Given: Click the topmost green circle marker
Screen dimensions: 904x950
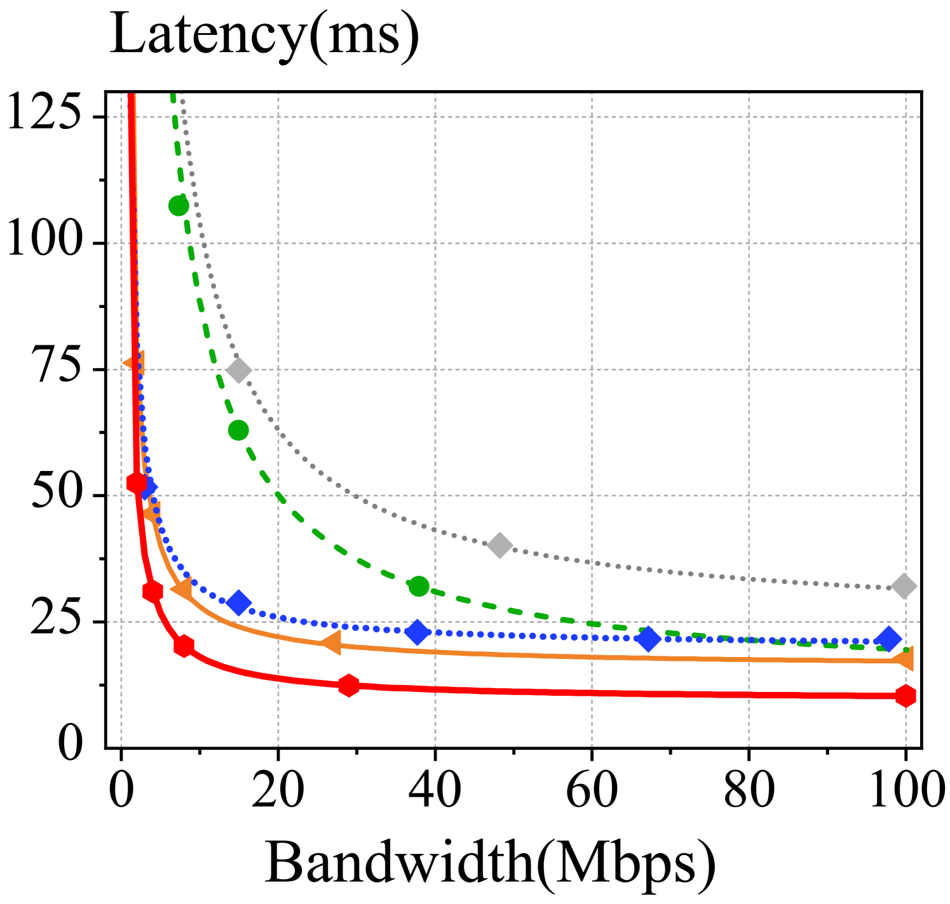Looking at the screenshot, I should (x=179, y=206).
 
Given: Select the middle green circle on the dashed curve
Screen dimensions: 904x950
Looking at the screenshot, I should (x=238, y=430).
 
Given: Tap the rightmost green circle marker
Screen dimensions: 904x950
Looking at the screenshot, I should (x=419, y=586).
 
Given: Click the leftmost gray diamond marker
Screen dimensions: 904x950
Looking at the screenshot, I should (x=238, y=370).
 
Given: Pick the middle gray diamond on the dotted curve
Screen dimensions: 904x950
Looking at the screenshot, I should (x=499, y=545).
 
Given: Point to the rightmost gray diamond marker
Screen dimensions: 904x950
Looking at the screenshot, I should (x=904, y=586).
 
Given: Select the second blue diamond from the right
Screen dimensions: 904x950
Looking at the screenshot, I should (x=648, y=639).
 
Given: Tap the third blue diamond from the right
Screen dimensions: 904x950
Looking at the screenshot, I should (x=417, y=632).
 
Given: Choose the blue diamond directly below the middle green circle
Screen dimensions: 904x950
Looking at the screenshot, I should (x=238, y=602).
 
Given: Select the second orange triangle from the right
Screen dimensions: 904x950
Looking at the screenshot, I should (x=331, y=642).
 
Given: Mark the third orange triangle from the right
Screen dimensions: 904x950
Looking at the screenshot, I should (x=182, y=590).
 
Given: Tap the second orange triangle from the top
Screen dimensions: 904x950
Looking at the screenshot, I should (x=153, y=512).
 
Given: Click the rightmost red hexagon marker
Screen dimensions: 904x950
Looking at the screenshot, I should (x=906, y=696).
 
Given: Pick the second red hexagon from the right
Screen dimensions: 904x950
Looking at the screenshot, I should (x=348, y=685).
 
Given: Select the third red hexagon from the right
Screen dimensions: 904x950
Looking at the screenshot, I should (x=184, y=646).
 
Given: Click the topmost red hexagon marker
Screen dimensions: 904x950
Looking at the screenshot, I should (x=137, y=483).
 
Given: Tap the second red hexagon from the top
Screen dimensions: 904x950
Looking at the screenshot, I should (x=153, y=592).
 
